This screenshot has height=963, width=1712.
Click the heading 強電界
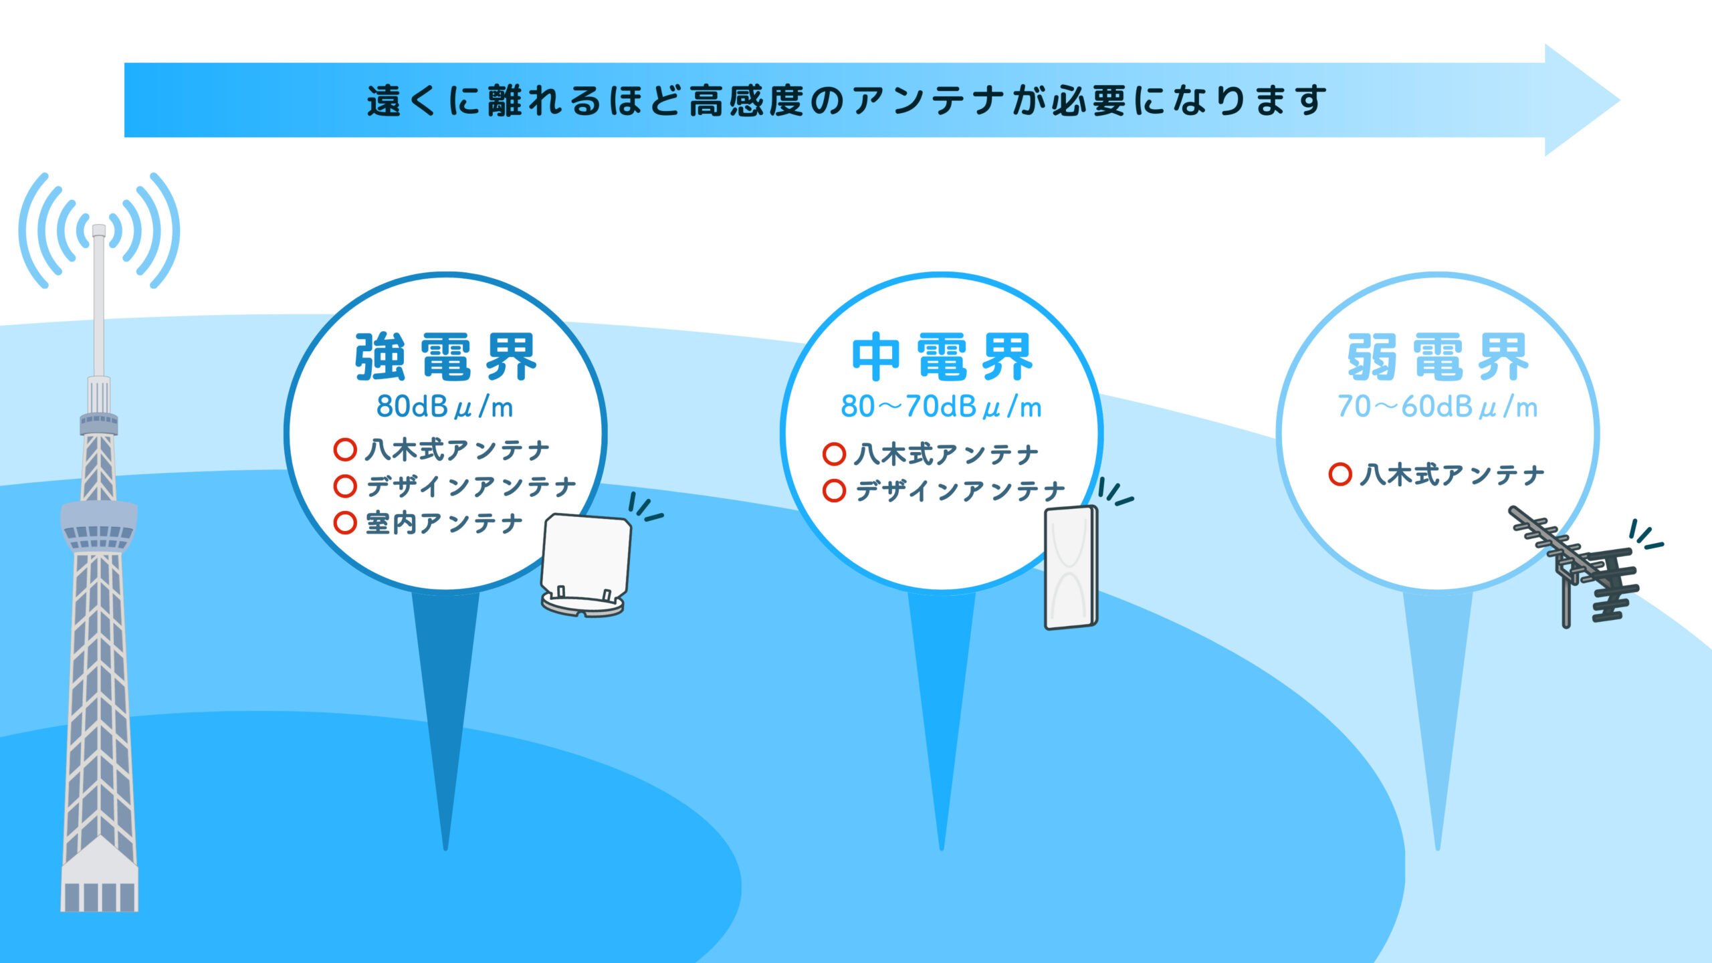[x=445, y=357]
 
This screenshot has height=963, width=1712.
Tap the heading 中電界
[x=942, y=357]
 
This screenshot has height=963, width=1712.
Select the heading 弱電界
[x=1438, y=357]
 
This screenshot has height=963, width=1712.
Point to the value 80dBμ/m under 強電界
[x=445, y=407]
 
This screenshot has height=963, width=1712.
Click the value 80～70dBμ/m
[x=941, y=407]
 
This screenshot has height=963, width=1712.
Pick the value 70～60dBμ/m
[x=1437, y=407]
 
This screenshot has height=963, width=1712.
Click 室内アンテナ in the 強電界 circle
[x=444, y=523]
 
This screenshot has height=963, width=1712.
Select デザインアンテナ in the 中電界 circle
[x=960, y=492]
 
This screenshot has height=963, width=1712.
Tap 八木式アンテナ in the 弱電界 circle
[x=1452, y=475]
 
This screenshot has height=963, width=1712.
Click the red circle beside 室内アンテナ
[x=345, y=522]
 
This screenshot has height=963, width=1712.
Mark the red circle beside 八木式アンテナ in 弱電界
[x=1340, y=474]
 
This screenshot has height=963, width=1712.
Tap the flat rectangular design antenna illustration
[x=1071, y=568]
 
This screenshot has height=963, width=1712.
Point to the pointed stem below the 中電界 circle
[x=942, y=702]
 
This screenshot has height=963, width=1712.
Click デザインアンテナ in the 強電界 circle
[x=471, y=486]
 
